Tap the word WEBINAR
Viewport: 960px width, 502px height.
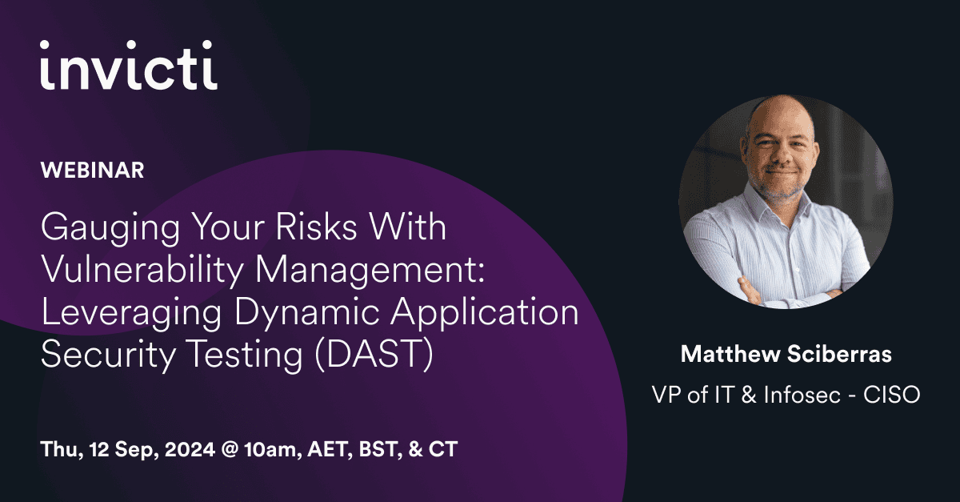click(x=92, y=171)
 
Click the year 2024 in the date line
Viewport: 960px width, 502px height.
click(x=190, y=449)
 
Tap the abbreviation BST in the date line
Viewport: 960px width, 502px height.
click(x=381, y=449)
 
